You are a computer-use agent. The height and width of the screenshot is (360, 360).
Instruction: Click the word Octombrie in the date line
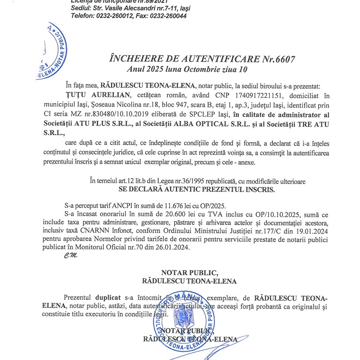(211, 69)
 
